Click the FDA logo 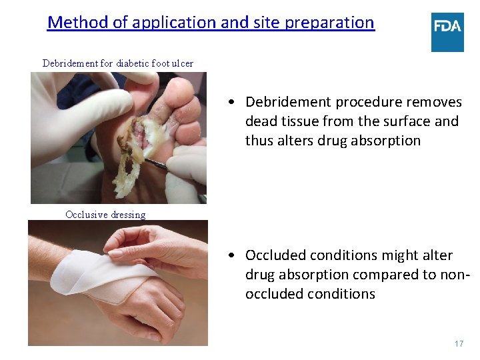click(x=447, y=31)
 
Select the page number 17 click(x=459, y=343)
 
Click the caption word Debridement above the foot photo click(x=70, y=63)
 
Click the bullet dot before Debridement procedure click(x=229, y=103)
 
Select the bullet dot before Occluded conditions click(x=229, y=256)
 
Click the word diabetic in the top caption click(x=133, y=63)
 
